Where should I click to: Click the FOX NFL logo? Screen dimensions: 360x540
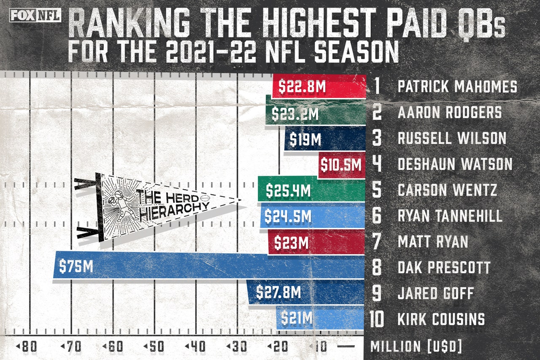click(x=35, y=16)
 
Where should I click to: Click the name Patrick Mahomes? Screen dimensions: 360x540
click(x=457, y=87)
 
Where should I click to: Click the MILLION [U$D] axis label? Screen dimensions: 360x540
click(x=416, y=347)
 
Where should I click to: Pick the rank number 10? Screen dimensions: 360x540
click(x=377, y=319)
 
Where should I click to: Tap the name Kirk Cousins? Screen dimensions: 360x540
click(x=441, y=319)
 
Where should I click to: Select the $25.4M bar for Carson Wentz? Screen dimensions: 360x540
click(x=311, y=191)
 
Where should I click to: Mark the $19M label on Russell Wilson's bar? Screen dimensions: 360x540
click(x=306, y=139)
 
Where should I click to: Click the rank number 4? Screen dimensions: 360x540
click(x=377, y=164)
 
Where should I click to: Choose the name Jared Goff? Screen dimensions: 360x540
click(x=436, y=293)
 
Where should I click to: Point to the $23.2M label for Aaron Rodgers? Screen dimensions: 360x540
click(x=294, y=114)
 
